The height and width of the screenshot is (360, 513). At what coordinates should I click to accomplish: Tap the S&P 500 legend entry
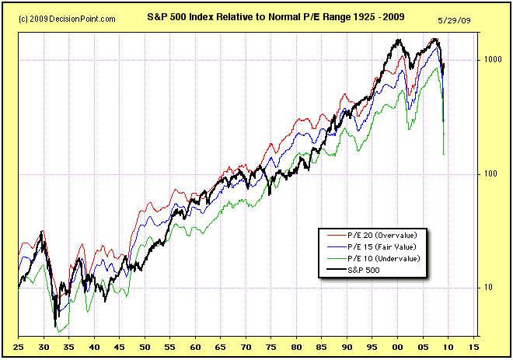[363, 269]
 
